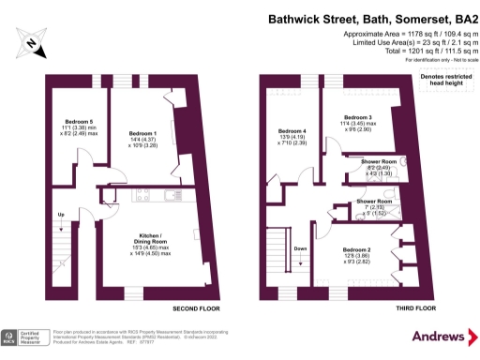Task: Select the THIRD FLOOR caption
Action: tap(413, 308)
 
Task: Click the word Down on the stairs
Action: tap(300, 248)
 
